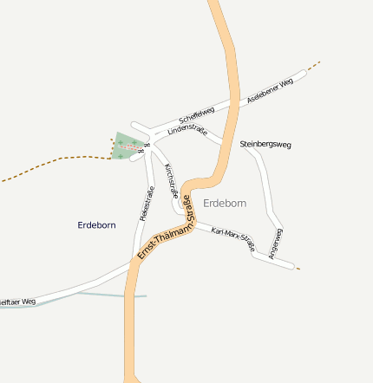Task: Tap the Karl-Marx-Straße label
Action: coord(235,241)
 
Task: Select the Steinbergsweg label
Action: coord(265,144)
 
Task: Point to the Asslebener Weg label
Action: coord(272,88)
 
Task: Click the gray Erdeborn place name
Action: coord(225,203)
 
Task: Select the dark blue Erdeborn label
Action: coord(96,225)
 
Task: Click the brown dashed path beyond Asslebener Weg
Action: coord(313,66)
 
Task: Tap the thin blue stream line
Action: coord(104,295)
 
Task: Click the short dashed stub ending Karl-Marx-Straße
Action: coord(298,269)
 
